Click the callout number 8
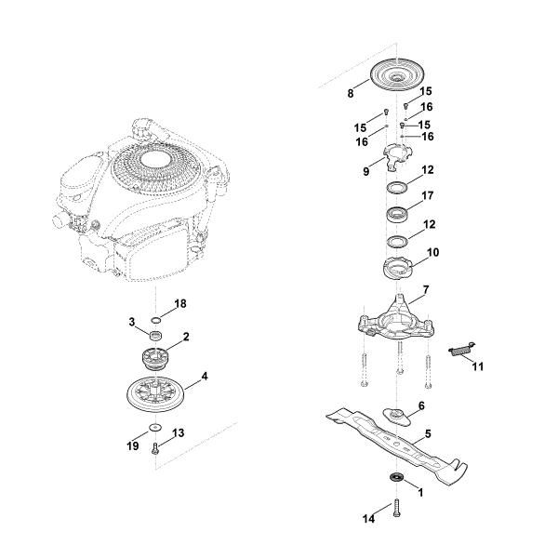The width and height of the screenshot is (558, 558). click(x=351, y=94)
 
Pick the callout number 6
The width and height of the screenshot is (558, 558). click(x=420, y=406)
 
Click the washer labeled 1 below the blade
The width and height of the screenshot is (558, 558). click(x=396, y=478)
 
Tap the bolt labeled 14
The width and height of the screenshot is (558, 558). click(x=396, y=507)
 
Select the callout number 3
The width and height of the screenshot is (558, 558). click(x=133, y=322)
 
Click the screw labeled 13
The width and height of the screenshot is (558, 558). click(x=155, y=447)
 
